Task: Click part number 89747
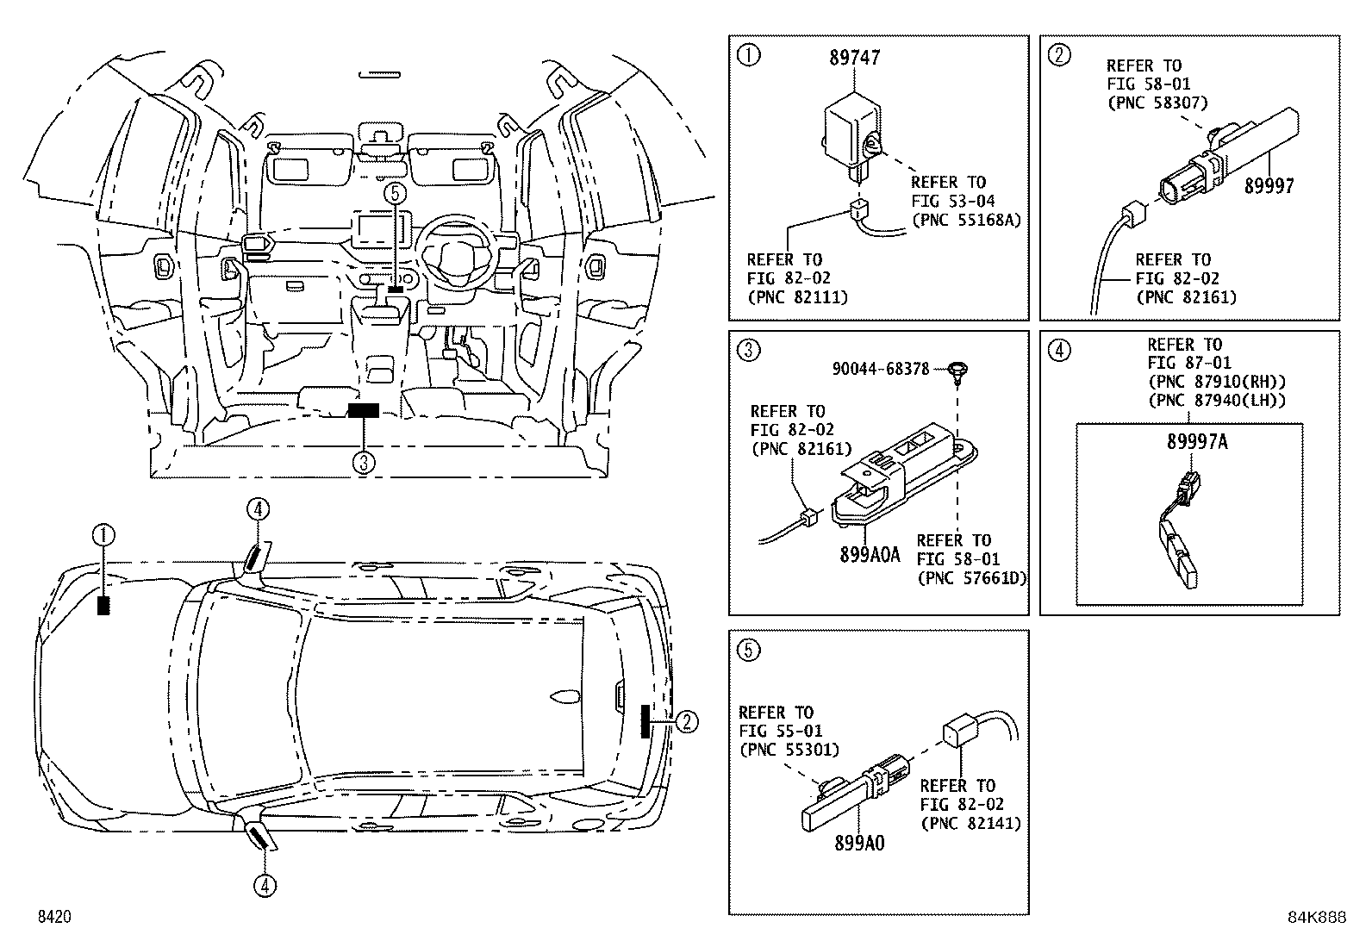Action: [854, 58]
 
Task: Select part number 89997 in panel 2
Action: [1269, 186]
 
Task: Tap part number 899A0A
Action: [869, 555]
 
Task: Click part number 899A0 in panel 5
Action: [858, 844]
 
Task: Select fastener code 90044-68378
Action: [880, 369]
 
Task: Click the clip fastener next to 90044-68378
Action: [956, 371]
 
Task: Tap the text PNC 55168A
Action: [966, 220]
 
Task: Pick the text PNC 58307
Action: [1157, 103]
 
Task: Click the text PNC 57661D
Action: [972, 578]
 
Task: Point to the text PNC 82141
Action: [970, 823]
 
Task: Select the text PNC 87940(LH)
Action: [1216, 400]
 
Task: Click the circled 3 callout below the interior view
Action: [364, 463]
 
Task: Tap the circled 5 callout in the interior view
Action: [394, 194]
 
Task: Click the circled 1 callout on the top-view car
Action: [103, 536]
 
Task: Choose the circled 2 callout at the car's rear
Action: [686, 721]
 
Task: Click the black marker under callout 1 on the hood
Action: [104, 605]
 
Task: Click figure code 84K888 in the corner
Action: [1316, 918]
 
